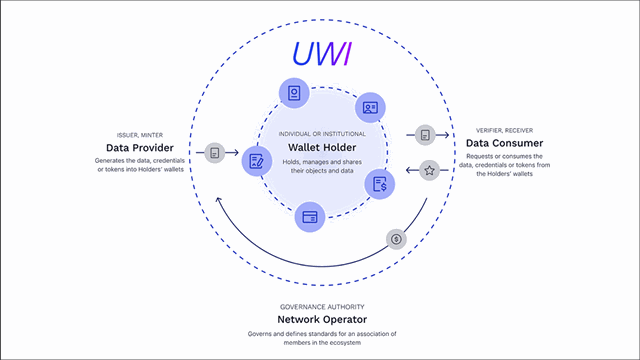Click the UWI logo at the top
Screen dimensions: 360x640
319,51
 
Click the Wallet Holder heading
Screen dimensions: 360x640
317,147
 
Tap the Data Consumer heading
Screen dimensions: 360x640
505,143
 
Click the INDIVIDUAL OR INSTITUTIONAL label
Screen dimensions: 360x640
317,132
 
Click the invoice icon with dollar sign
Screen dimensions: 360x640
381,184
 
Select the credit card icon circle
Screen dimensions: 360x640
311,215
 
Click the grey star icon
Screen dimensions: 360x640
429,170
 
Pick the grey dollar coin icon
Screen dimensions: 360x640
396,240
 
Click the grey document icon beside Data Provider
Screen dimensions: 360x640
214,153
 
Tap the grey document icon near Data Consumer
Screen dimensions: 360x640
426,134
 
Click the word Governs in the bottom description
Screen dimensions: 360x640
262,333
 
